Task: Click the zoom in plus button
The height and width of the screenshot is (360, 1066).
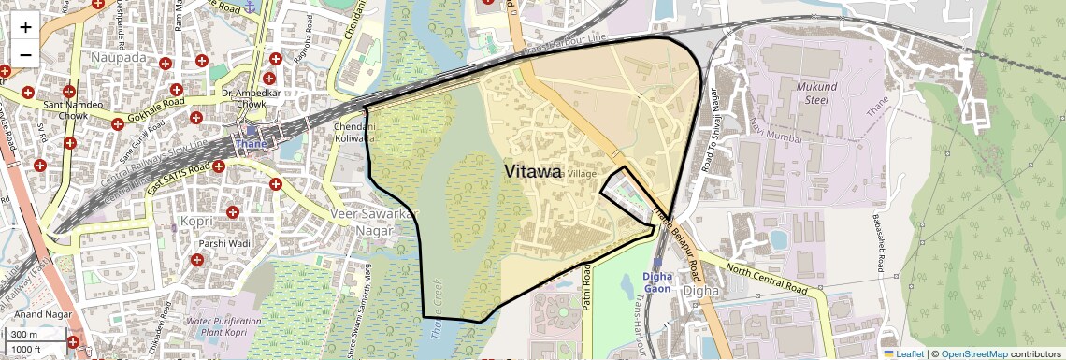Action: point(25,26)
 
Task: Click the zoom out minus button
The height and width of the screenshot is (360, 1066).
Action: point(25,53)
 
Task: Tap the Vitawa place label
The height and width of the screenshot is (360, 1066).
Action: point(533,172)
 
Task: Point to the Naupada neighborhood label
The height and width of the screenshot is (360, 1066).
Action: point(119,57)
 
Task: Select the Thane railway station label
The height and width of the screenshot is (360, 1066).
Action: point(250,144)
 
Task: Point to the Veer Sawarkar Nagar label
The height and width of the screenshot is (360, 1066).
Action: point(371,223)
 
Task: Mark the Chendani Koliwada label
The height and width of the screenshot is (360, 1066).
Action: point(354,133)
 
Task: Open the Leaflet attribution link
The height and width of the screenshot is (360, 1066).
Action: point(903,353)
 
